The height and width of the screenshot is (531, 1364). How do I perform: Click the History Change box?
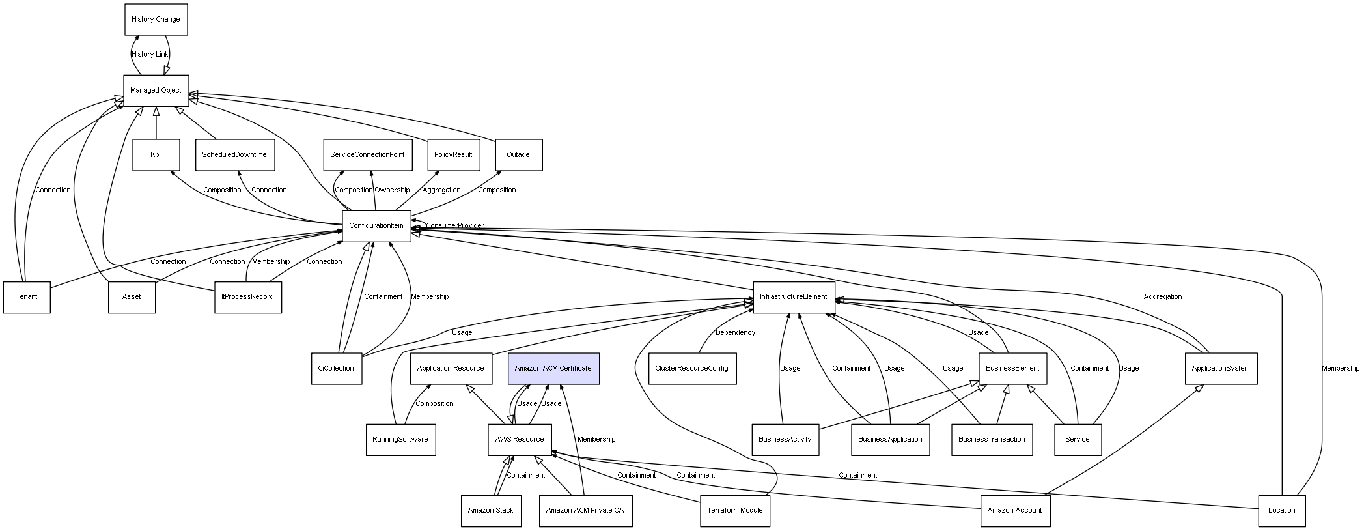pyautogui.click(x=156, y=20)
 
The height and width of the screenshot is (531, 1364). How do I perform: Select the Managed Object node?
pyautogui.click(x=156, y=91)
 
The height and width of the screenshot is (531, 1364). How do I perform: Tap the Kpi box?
pyautogui.click(x=156, y=155)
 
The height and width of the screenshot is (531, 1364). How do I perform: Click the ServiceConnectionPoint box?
pyautogui.click(x=367, y=155)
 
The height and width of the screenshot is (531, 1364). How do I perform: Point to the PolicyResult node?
pyautogui.click(x=453, y=155)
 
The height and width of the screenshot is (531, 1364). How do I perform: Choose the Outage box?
pyautogui.click(x=518, y=155)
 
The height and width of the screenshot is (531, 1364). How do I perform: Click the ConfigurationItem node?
pyautogui.click(x=376, y=226)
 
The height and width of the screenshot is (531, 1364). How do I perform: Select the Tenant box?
pyautogui.click(x=27, y=297)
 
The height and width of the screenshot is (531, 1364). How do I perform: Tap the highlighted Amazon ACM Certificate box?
pyautogui.click(x=553, y=369)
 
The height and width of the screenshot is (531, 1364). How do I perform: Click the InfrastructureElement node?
pyautogui.click(x=793, y=297)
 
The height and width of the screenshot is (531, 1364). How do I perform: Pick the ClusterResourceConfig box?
pyautogui.click(x=692, y=369)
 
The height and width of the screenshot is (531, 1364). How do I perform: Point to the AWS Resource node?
pyautogui.click(x=520, y=440)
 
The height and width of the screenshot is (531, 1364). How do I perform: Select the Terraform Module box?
pyautogui.click(x=734, y=511)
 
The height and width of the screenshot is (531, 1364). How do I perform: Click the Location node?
pyautogui.click(x=1281, y=511)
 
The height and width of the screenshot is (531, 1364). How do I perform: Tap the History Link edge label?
pyautogui.click(x=150, y=55)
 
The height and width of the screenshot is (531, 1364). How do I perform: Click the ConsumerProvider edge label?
pyautogui.click(x=454, y=226)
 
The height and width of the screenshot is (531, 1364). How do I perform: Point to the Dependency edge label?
pyautogui.click(x=735, y=333)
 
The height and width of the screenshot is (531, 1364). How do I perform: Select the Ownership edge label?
pyautogui.click(x=392, y=190)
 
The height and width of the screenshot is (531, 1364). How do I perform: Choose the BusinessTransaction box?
pyautogui.click(x=992, y=440)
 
